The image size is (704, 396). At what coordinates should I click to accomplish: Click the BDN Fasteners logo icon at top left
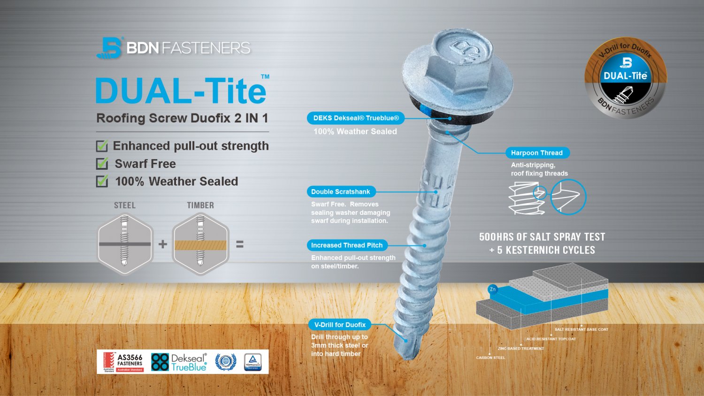click(x=109, y=47)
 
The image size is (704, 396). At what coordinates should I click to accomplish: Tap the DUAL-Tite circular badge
click(x=625, y=78)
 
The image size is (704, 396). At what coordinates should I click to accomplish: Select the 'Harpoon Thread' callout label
click(x=537, y=153)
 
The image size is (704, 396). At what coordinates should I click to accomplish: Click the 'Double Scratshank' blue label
click(x=341, y=191)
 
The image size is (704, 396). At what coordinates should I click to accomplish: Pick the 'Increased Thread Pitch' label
click(x=347, y=245)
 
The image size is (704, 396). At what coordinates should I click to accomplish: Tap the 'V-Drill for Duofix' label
click(x=340, y=325)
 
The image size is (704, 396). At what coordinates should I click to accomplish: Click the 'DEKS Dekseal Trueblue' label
click(x=356, y=118)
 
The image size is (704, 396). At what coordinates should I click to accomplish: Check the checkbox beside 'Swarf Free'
click(x=102, y=164)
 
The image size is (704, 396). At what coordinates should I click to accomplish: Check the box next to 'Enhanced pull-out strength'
click(x=102, y=146)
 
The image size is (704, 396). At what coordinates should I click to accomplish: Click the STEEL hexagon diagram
click(x=125, y=244)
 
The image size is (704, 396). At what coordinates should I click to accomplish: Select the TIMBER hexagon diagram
click(x=200, y=244)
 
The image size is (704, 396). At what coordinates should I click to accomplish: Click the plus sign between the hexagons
click(x=163, y=244)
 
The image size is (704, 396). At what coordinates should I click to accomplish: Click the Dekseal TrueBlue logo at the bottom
click(x=179, y=362)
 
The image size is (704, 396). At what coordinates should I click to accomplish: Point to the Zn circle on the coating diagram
click(x=493, y=289)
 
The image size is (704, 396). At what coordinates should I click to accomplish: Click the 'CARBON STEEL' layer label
click(x=490, y=358)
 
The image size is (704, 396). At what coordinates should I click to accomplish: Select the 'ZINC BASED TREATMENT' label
click(x=520, y=349)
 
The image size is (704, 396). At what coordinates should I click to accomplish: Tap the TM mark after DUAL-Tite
click(x=265, y=76)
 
